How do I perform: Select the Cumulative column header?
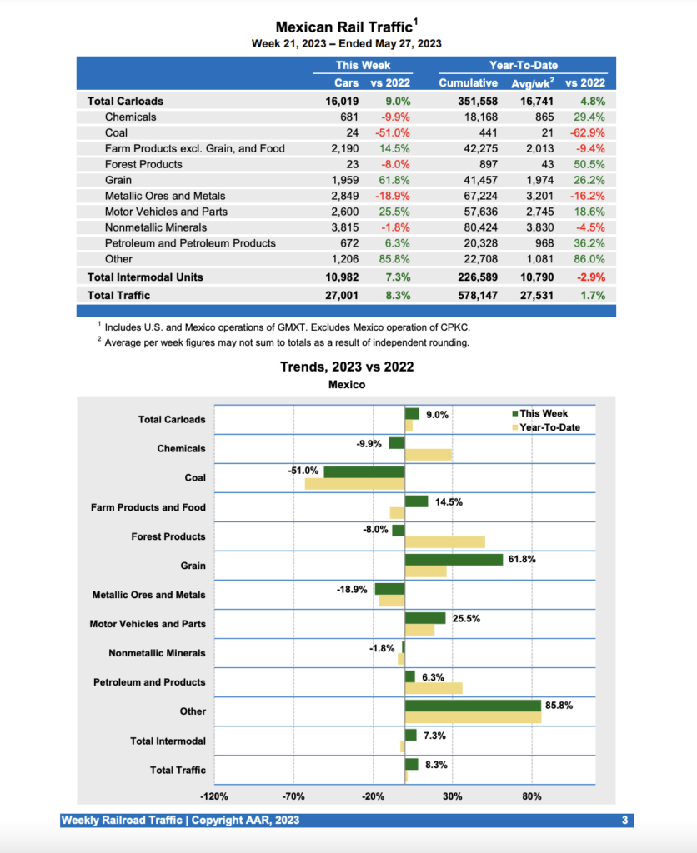468,82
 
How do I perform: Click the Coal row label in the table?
116,132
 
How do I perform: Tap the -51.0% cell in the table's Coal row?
393,132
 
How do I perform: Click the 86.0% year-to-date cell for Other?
588,259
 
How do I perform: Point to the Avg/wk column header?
531,82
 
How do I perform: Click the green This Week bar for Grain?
454,560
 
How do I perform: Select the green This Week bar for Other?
473,706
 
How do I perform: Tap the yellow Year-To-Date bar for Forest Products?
444,542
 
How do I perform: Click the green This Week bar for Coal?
364,471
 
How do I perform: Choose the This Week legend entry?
540,413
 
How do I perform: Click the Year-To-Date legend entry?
545,427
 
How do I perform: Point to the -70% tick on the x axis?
294,796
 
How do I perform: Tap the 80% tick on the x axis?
532,796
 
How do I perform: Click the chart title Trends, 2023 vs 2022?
347,367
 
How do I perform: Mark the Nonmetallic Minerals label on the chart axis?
157,653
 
